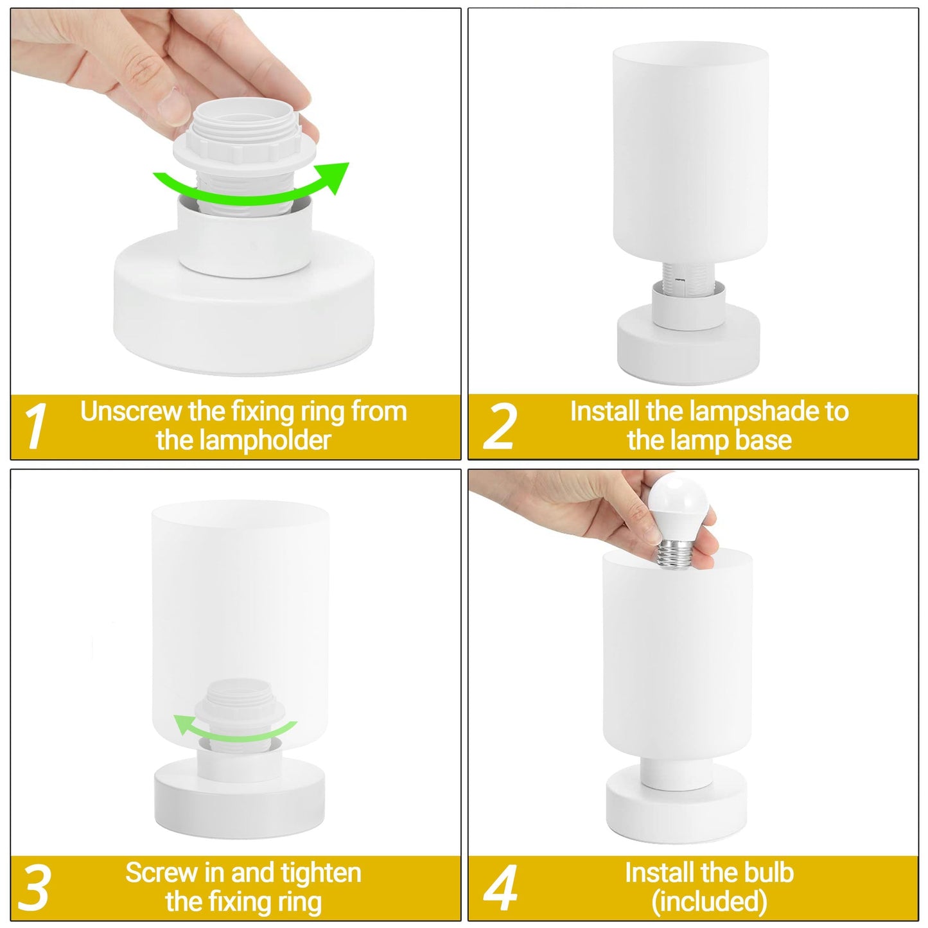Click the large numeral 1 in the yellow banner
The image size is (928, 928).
coord(35,426)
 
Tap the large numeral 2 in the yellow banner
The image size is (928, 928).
coord(500,426)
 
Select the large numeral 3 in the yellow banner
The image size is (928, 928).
coord(34,888)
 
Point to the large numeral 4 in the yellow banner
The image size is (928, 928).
coord(500,888)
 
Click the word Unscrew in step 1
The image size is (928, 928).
coord(132,412)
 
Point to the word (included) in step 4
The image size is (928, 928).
coord(710,902)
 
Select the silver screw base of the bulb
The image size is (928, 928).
coord(677,556)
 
